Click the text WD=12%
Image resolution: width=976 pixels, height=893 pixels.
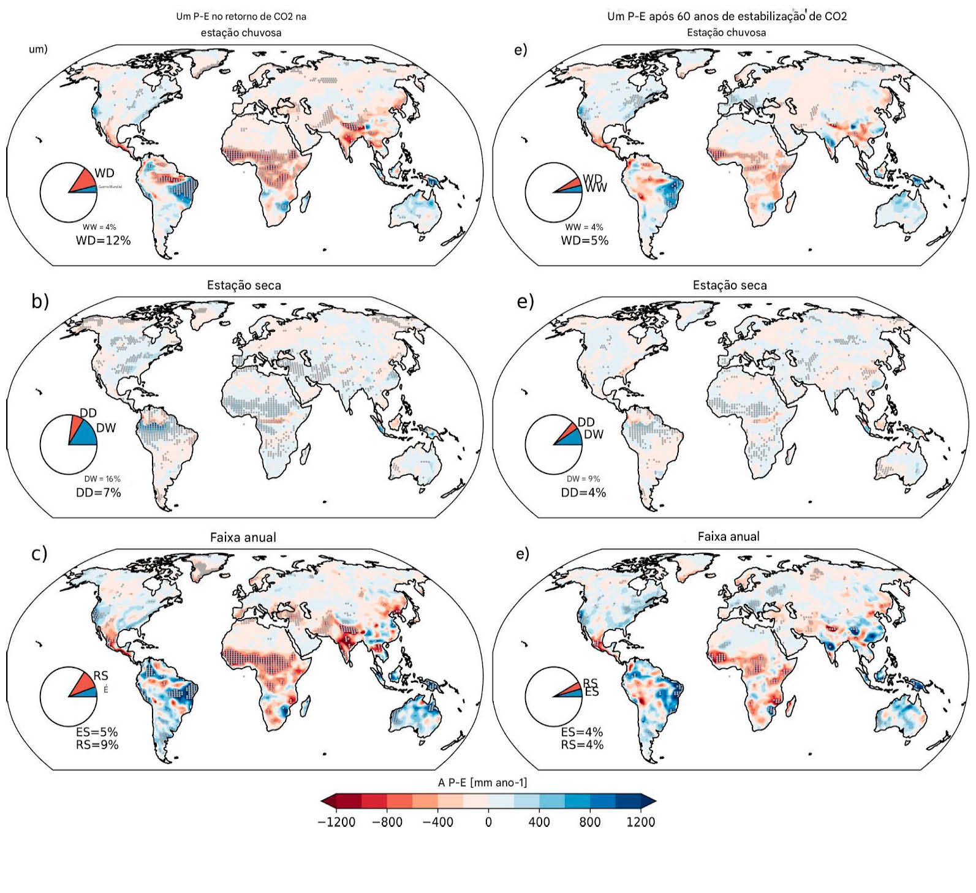point(103,241)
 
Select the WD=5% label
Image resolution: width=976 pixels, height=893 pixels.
point(584,241)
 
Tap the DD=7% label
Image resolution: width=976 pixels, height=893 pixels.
point(98,492)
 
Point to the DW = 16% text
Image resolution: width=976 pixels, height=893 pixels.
point(102,479)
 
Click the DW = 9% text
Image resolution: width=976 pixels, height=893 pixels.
point(583,479)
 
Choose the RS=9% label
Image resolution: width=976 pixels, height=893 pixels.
point(97,745)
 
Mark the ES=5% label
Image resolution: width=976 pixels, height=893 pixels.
point(97,732)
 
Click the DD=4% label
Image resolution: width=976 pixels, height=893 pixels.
point(583,492)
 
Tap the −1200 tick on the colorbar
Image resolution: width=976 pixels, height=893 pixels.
point(336,822)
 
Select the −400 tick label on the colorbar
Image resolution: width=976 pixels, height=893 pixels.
point(437,822)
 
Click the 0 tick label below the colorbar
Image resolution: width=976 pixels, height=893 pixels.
point(488,822)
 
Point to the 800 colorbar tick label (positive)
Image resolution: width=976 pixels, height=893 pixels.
point(589,822)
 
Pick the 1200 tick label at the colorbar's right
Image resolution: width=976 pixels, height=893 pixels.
point(640,822)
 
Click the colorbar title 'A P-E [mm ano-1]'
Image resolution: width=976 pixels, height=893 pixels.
point(482,782)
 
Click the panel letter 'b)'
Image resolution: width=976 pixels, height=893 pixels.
point(40,301)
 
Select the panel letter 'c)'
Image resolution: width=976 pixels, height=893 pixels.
point(39,554)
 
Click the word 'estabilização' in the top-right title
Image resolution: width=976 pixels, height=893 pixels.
point(775,17)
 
